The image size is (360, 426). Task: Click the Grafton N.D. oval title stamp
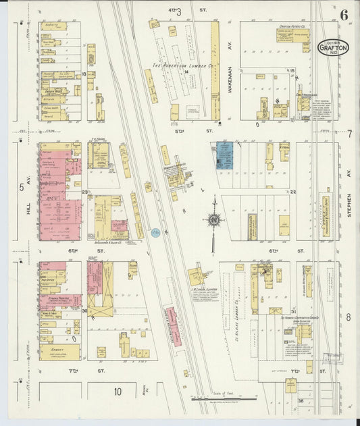click(x=333, y=48)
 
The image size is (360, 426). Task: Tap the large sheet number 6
click(x=344, y=14)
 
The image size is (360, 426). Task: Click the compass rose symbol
click(x=214, y=219)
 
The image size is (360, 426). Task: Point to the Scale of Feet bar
click(x=224, y=398)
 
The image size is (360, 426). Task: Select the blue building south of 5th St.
click(x=223, y=155)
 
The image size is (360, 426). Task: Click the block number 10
click(x=117, y=392)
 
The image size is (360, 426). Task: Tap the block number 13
click(x=84, y=74)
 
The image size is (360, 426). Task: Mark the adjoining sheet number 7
click(x=349, y=133)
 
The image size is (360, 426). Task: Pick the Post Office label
click(x=48, y=278)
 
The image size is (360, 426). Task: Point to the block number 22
click(x=293, y=192)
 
